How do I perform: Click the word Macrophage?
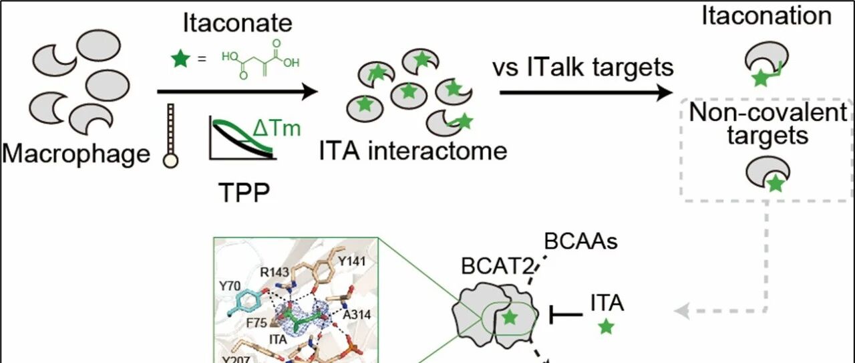[x=76, y=154]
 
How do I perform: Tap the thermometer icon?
[x=170, y=136]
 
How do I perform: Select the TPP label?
[x=244, y=193]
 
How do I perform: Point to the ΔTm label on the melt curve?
[x=277, y=128]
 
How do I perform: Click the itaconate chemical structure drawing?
[x=261, y=59]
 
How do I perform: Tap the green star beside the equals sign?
[x=180, y=59]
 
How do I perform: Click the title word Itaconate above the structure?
[x=237, y=23]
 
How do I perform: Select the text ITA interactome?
[x=413, y=150]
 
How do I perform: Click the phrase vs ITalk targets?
[x=583, y=68]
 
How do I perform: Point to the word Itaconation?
[x=766, y=16]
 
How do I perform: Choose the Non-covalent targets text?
[x=768, y=124]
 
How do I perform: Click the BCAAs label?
[x=580, y=241]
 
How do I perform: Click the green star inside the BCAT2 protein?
[x=510, y=317]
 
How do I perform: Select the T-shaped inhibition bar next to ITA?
[x=566, y=315]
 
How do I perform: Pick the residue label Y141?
[x=352, y=261]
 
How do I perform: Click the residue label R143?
[x=275, y=272]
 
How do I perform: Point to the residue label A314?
[x=357, y=315]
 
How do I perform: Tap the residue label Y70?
[x=230, y=286]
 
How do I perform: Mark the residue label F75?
[x=257, y=323]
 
